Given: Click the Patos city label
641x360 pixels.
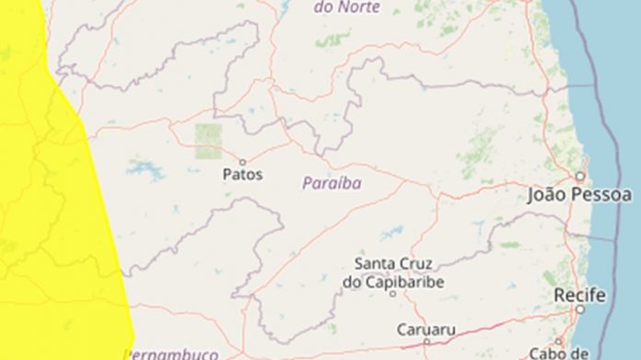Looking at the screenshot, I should (243, 174).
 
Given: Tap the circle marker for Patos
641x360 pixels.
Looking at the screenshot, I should (243, 161).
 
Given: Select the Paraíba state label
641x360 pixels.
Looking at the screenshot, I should (332, 183).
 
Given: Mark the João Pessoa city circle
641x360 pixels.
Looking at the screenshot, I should (580, 175).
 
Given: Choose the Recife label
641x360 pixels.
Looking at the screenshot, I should (580, 296).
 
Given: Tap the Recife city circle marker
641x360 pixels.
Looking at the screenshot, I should (579, 310).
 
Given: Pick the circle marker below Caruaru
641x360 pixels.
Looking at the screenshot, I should (426, 342).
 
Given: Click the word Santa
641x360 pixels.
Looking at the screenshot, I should (375, 264).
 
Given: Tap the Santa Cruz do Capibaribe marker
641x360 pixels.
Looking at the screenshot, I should (391, 294).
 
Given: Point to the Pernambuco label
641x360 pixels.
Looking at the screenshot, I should (171, 354).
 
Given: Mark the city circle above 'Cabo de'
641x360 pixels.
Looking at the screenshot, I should (558, 341).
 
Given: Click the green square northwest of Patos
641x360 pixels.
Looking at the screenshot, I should (208, 141).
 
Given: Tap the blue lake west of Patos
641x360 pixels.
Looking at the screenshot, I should (146, 170).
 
